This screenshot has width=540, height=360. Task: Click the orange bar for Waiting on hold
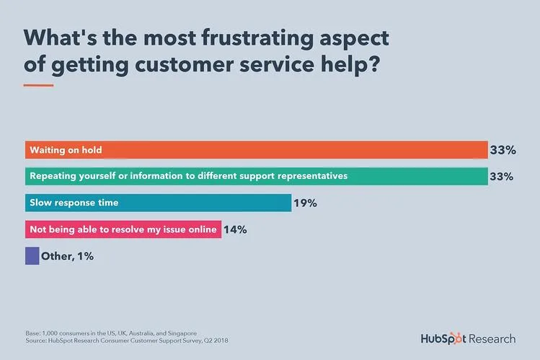pyautogui.click(x=256, y=150)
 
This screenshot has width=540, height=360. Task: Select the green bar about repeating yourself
pyautogui.click(x=256, y=176)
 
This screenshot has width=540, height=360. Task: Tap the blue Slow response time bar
pyautogui.click(x=158, y=203)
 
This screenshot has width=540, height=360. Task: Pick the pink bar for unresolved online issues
pyautogui.click(x=123, y=229)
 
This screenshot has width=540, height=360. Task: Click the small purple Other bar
pyautogui.click(x=32, y=255)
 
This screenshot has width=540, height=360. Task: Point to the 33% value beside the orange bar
pyautogui.click(x=502, y=150)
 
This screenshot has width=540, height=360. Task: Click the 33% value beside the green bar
pyautogui.click(x=502, y=177)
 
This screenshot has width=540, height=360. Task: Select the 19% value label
pyautogui.click(x=305, y=203)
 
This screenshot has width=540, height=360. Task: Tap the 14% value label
pyautogui.click(x=235, y=229)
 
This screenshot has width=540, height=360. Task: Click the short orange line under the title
pyautogui.click(x=39, y=85)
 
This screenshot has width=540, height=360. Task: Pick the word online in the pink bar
pyautogui.click(x=202, y=229)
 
